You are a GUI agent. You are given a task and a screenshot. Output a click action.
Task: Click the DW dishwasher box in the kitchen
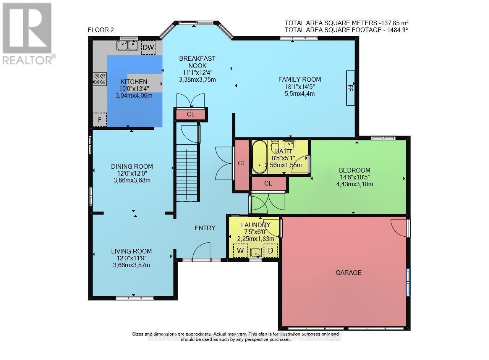click(148, 48)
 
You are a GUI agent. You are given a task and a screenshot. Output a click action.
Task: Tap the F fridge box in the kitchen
click(100, 119)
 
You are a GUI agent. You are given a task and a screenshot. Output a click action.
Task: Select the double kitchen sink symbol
click(128, 46)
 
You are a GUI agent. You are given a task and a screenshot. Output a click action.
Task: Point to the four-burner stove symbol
click(100, 79)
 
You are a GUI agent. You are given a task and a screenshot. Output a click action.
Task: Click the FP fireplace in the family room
click(350, 87)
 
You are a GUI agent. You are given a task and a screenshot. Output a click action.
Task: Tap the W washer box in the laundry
click(240, 250)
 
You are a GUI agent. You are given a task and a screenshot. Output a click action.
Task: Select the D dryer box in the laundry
click(271, 250)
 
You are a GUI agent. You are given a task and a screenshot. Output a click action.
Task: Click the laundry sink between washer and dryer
click(256, 252)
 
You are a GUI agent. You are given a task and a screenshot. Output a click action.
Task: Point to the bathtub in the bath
click(260, 157)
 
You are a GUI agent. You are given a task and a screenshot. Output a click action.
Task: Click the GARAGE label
click(348, 273)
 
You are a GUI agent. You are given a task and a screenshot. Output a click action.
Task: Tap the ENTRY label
click(205, 228)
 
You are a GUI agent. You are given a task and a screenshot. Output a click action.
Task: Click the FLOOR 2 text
click(101, 30)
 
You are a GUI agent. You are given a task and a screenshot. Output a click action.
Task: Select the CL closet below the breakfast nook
click(191, 114)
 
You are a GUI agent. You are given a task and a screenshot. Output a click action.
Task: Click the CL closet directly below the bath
click(268, 184)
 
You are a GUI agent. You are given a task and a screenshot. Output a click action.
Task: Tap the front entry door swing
click(201, 252)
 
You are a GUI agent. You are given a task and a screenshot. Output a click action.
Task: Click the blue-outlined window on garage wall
click(408, 282)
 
